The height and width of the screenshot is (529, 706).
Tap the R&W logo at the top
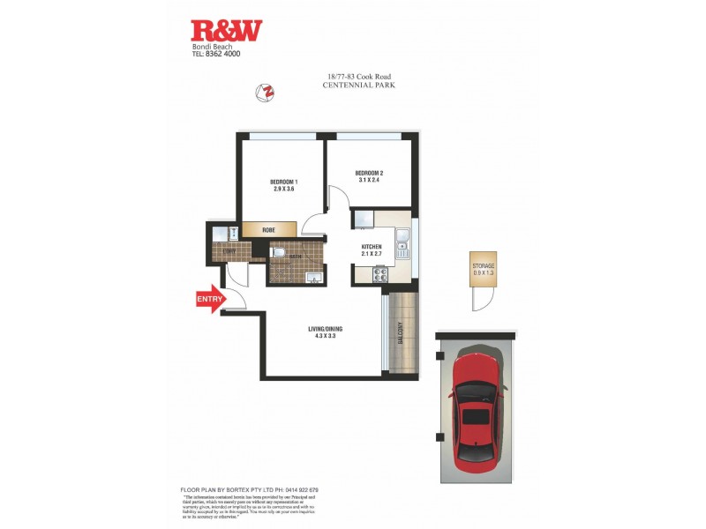(227, 31)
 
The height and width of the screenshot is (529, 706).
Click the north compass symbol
(264, 91)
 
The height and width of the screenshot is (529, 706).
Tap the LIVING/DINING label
(325, 329)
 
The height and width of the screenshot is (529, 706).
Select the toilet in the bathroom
(278, 253)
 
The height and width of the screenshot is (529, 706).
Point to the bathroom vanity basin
(311, 278)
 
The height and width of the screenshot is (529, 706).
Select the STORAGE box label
(483, 265)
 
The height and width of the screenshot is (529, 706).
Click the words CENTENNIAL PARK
(359, 86)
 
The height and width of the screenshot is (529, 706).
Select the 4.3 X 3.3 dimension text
(325, 337)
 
